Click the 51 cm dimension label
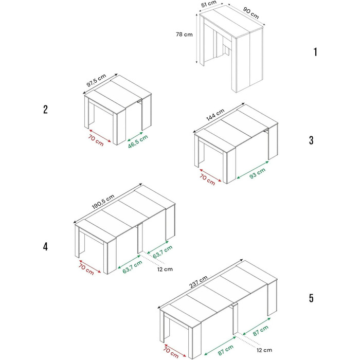[x=209, y=4]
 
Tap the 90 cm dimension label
[x=251, y=13]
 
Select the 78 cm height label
[x=184, y=34]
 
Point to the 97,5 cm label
[x=96, y=80]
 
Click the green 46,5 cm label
[x=138, y=141]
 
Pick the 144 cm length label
[x=215, y=115]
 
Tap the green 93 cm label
[x=257, y=173]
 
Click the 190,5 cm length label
[x=103, y=202]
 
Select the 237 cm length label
[x=199, y=282]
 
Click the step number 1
[x=315, y=52]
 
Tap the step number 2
[x=45, y=109]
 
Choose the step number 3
[x=311, y=140]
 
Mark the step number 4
[x=45, y=246]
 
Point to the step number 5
[x=311, y=298]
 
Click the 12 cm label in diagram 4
[x=165, y=269]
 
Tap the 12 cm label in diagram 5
[x=264, y=350]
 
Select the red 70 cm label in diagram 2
[x=96, y=140]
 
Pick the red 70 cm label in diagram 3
[x=207, y=180]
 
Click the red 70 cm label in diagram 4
[x=86, y=269]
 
